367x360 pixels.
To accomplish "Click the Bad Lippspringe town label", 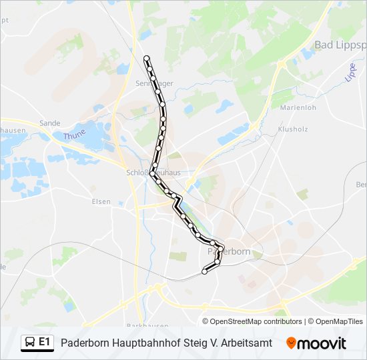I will [340, 45].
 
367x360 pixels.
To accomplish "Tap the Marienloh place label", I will [297, 107].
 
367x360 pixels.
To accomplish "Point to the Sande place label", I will [50, 123].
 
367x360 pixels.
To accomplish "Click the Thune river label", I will [75, 137].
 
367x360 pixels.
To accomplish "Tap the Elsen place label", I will [101, 201].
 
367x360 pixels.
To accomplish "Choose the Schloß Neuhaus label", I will [153, 173].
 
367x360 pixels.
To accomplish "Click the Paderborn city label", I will [229, 251].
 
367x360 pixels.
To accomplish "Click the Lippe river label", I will [351, 72].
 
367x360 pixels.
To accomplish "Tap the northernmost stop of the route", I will [147, 59].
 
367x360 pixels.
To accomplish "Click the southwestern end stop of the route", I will [204, 271].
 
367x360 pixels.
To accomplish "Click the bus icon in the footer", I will [30, 343].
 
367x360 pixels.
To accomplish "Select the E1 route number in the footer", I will [45, 342].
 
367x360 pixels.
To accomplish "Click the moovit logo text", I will [322, 343].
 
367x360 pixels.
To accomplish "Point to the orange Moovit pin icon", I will [291, 343].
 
